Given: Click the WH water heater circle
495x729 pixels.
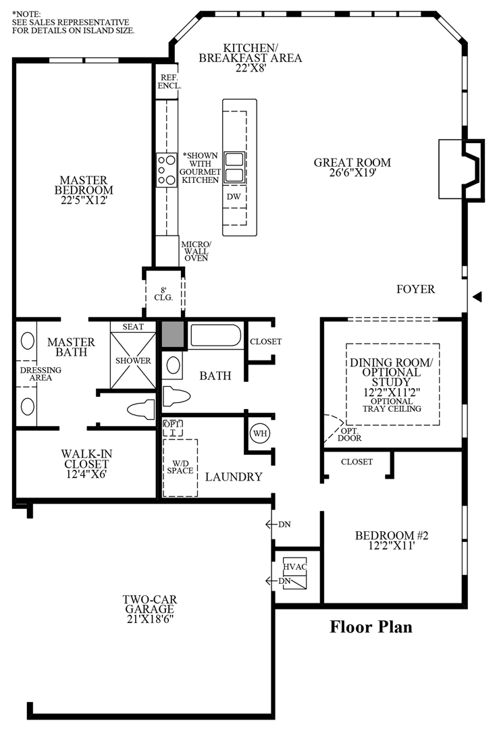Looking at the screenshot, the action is tap(260, 433).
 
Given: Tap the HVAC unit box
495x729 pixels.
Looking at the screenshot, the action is tap(295, 573).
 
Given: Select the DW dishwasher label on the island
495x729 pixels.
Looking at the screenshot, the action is tap(234, 196).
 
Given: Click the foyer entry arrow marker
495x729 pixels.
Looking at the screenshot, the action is tap(477, 297).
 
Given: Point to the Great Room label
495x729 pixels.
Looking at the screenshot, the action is tap(353, 167).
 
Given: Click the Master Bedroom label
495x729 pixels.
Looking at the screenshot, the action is tap(84, 190).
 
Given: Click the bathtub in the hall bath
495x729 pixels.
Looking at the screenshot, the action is tap(215, 335).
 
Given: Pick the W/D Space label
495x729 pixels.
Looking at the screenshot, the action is tap(180, 467).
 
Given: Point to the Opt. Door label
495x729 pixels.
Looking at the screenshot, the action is tap(349, 434).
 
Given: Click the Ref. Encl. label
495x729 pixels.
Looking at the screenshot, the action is tap(169, 82).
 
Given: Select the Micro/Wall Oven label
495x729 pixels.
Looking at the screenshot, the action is tap(196, 251).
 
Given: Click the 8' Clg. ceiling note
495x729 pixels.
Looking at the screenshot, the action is tap(163, 294).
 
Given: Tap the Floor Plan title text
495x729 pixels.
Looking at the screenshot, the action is tap(371, 626).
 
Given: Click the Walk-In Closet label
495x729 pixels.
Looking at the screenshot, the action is tap(86, 464).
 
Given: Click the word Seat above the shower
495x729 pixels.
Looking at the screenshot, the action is tap(133, 327).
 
